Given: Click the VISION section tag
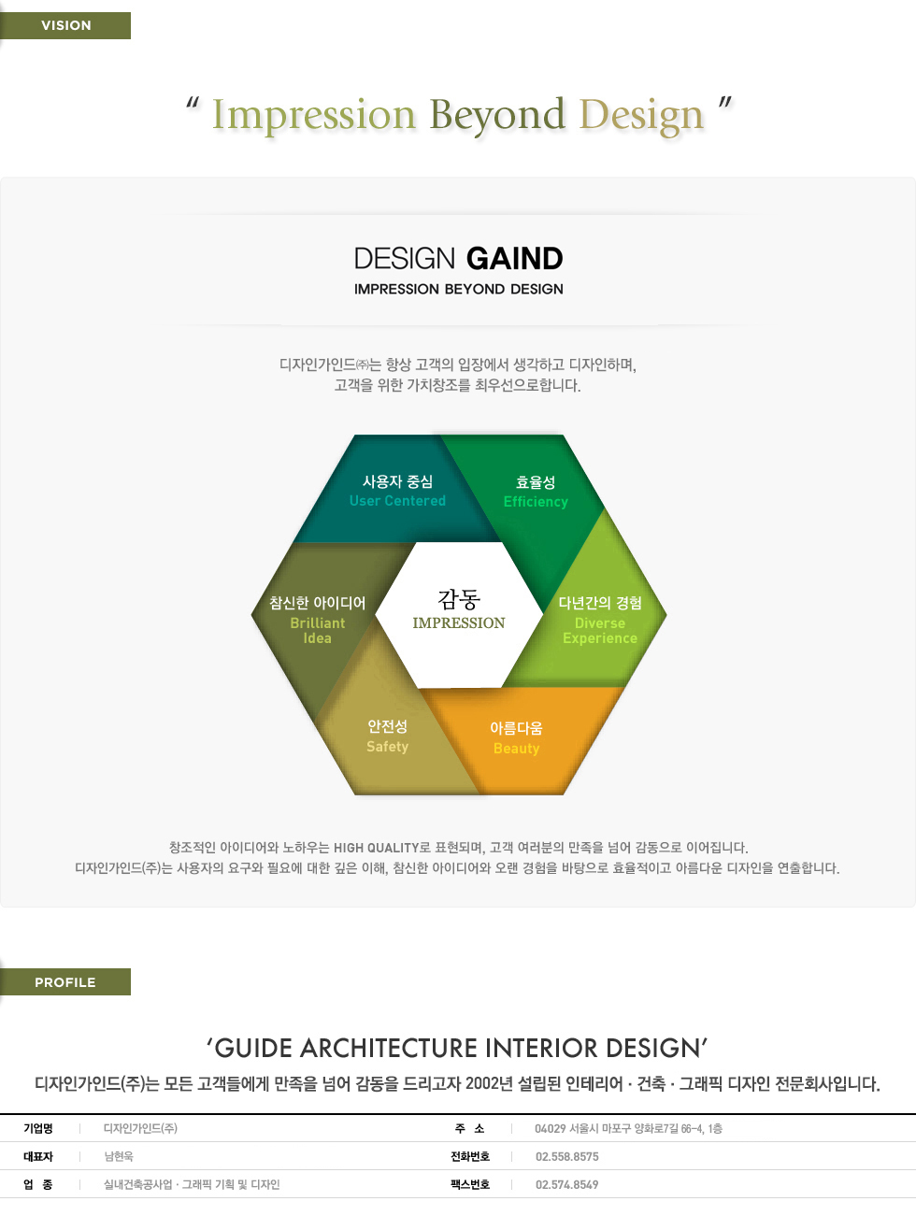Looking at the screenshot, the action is pyautogui.click(x=65, y=25).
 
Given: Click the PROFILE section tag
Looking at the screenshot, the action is pyautogui.click(x=65, y=982).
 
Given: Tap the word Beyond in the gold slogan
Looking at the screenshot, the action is pyautogui.click(x=497, y=116).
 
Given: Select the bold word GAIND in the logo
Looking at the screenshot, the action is pyautogui.click(x=514, y=259).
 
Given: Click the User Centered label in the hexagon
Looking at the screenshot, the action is pyautogui.click(x=397, y=501).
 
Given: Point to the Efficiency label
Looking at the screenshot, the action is pyautogui.click(x=536, y=502).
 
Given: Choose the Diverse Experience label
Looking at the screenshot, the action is pyautogui.click(x=600, y=631).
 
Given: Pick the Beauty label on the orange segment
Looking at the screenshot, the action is pyautogui.click(x=516, y=749).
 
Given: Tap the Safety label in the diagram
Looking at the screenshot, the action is pyautogui.click(x=387, y=747).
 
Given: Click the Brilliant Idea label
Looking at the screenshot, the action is pyautogui.click(x=318, y=631).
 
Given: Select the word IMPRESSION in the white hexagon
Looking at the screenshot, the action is pyautogui.click(x=459, y=623).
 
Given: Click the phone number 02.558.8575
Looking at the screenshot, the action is pyautogui.click(x=567, y=1157).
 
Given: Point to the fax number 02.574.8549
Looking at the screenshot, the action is pyautogui.click(x=567, y=1184).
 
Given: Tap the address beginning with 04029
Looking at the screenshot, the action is pyautogui.click(x=629, y=1128).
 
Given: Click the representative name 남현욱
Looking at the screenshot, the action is pyautogui.click(x=119, y=1156).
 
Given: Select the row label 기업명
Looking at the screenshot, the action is pyautogui.click(x=38, y=1128).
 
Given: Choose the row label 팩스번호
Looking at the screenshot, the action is pyautogui.click(x=470, y=1184).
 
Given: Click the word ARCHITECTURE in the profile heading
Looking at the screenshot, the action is pyautogui.click(x=390, y=1049).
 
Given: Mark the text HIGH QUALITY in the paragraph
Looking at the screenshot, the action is pyautogui.click(x=376, y=848).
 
